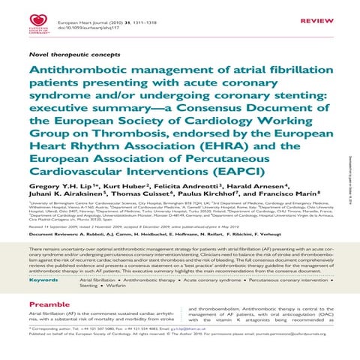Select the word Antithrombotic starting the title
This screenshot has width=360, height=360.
pyautogui.click(x=76, y=69)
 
